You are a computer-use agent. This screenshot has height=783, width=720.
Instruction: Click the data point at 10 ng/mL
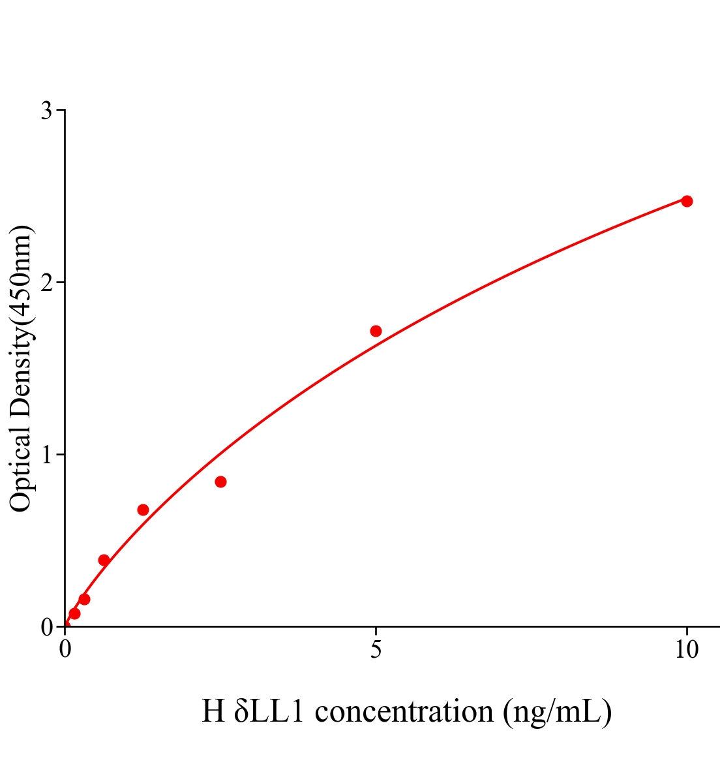click(x=686, y=201)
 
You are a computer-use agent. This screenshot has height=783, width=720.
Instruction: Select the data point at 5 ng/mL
click(x=376, y=331)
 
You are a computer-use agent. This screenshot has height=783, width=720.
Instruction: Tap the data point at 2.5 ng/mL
click(x=220, y=482)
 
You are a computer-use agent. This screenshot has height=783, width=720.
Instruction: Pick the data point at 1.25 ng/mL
click(x=143, y=510)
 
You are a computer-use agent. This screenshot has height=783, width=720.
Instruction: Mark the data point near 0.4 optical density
click(x=104, y=560)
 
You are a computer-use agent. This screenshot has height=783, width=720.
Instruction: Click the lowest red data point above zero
click(x=74, y=613)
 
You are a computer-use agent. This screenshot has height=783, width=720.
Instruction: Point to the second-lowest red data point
click(x=84, y=599)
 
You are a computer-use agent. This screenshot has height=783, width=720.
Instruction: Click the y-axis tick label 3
click(x=46, y=111)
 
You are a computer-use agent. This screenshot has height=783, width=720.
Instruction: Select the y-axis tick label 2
click(x=46, y=283)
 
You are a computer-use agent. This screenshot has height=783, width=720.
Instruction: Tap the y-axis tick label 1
click(x=46, y=454)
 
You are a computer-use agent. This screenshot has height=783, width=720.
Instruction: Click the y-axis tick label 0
click(x=46, y=627)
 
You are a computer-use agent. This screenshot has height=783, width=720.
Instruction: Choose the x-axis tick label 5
click(x=376, y=650)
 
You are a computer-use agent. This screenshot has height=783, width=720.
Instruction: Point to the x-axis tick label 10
click(x=686, y=650)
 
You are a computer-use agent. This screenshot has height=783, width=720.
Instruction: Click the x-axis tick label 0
click(x=65, y=650)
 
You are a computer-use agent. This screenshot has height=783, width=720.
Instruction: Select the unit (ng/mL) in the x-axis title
click(x=558, y=711)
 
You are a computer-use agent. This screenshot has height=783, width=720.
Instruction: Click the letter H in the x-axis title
click(x=213, y=711)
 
